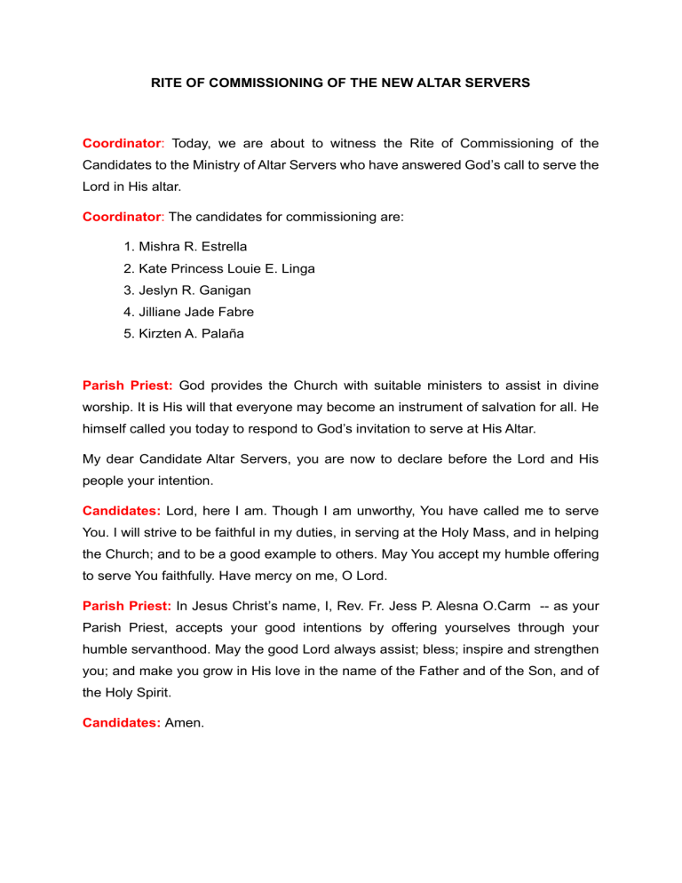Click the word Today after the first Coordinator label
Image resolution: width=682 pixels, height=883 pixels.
tap(191, 143)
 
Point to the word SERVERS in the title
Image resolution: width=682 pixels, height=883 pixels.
tap(495, 83)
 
